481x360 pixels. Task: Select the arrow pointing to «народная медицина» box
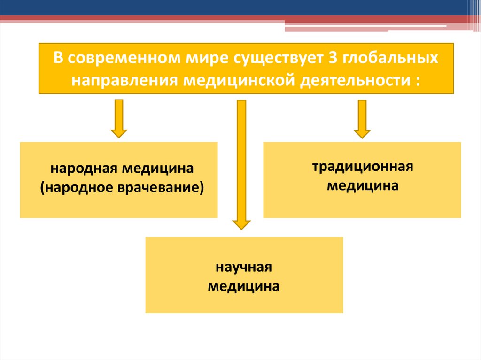(119, 118)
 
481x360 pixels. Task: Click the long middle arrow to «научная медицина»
(241, 164)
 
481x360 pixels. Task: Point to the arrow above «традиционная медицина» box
(362, 118)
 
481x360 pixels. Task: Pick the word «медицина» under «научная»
(244, 286)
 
